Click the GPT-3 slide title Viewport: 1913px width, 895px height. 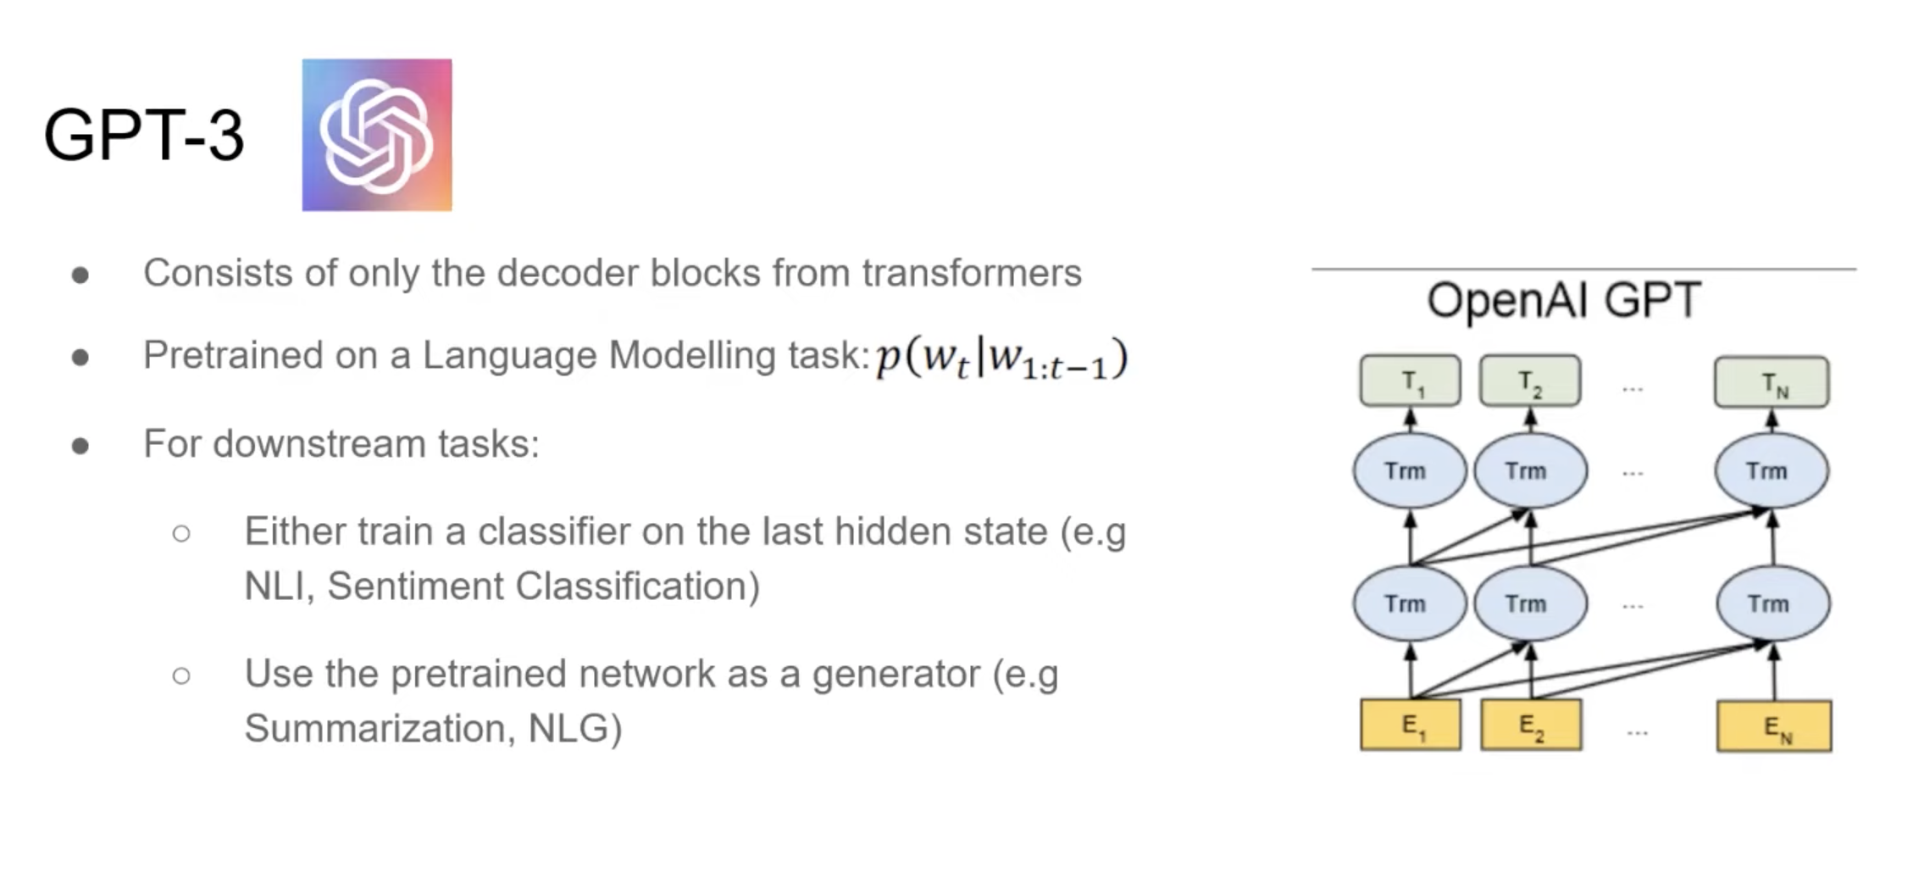tap(143, 136)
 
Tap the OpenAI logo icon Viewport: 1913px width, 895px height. tap(377, 135)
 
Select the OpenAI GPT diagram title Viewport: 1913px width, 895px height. tap(1563, 300)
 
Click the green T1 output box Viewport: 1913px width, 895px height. tap(1410, 381)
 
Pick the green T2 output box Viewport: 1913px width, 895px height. tap(1530, 381)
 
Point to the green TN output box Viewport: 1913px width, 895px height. tap(1772, 382)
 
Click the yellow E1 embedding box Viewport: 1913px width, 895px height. tap(1411, 725)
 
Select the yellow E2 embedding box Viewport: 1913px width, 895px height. tap(1531, 725)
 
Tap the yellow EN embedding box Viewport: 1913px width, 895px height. tap(1774, 726)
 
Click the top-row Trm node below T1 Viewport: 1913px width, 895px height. tap(1409, 470)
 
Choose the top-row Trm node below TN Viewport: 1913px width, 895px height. tap(1772, 470)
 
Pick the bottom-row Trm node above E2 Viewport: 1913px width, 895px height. tap(1530, 603)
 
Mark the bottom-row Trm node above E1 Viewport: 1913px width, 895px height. tap(1409, 603)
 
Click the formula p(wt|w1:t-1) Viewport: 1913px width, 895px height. tap(1002, 358)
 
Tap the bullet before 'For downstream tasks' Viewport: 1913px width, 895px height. tap(80, 446)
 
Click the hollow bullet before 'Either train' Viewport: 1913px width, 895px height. tap(180, 533)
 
